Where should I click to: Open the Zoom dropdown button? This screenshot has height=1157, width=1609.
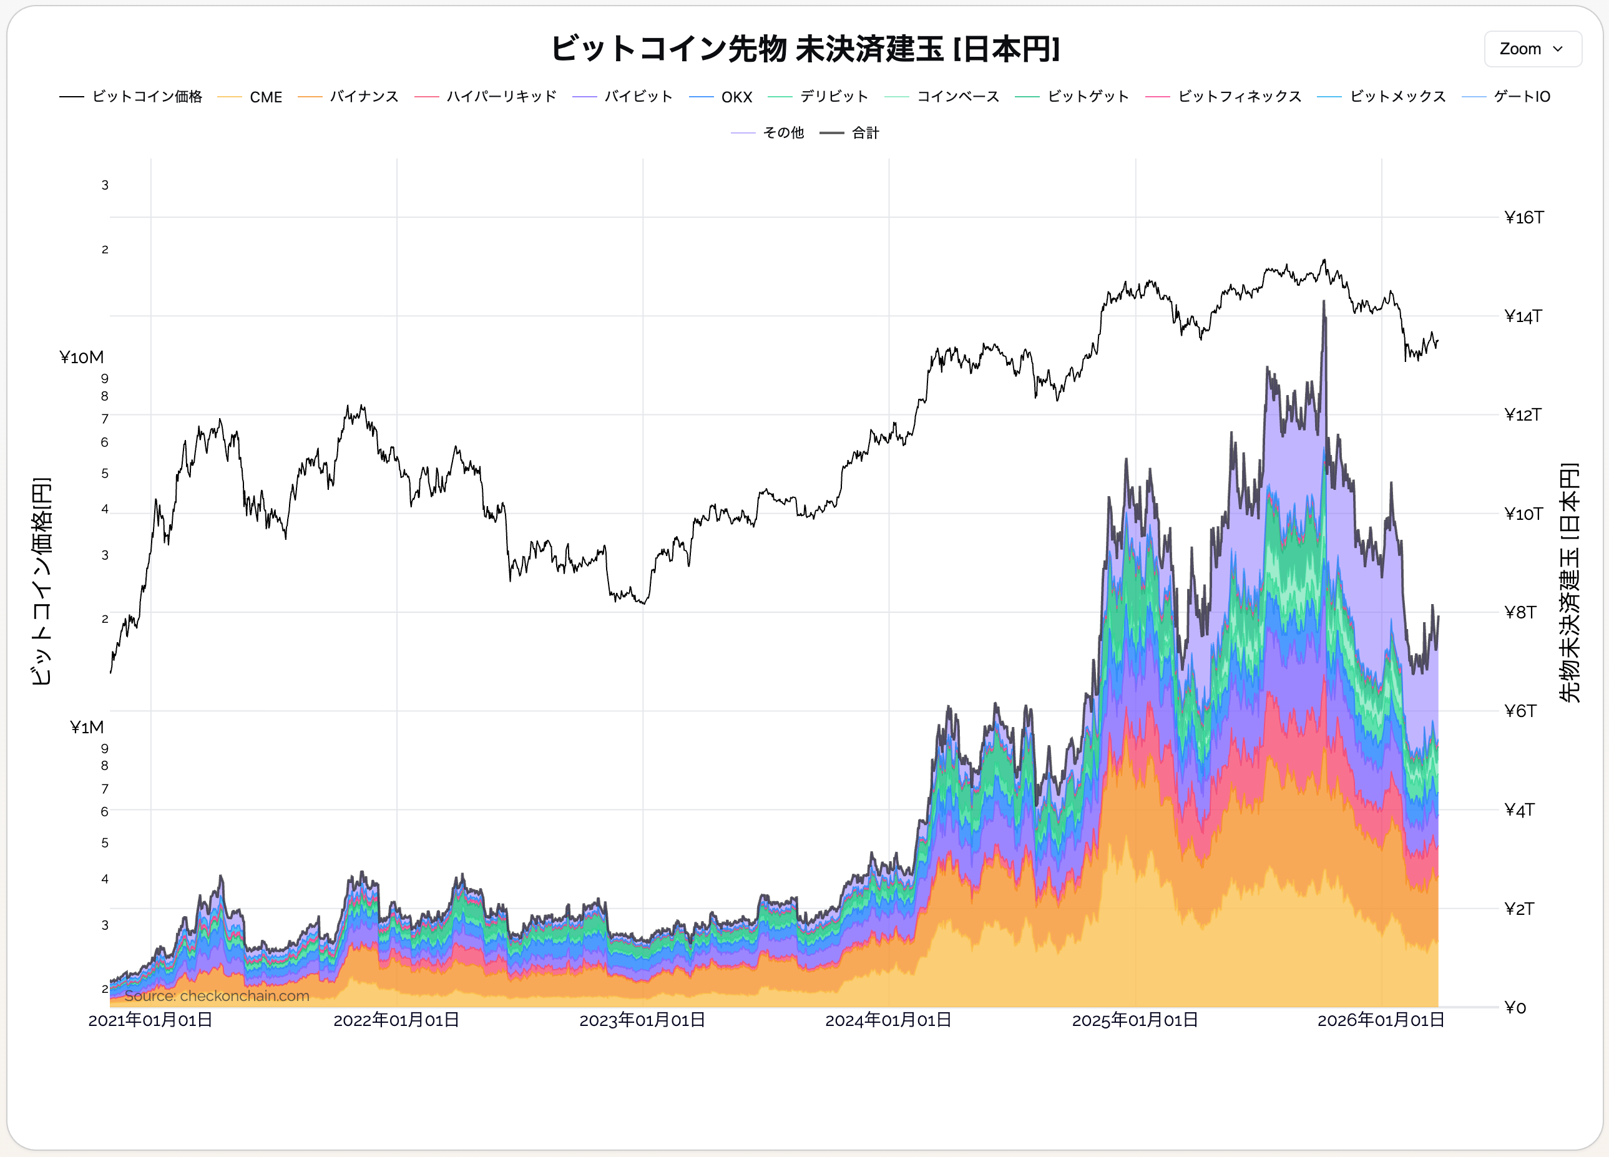[1532, 49]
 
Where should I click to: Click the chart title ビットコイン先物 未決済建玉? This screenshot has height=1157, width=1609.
[804, 49]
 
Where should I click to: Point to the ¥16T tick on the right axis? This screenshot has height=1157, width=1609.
[1523, 218]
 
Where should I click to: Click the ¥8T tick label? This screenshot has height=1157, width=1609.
[1520, 612]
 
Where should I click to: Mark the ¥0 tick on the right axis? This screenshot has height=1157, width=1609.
[1515, 1007]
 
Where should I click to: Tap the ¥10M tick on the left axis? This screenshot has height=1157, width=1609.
[82, 357]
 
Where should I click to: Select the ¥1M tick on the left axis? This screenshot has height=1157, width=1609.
[87, 727]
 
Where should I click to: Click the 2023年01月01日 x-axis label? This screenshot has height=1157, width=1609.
[642, 1020]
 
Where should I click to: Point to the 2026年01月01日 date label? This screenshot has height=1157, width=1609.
[1381, 1020]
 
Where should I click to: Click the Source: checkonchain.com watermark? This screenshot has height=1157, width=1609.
[217, 996]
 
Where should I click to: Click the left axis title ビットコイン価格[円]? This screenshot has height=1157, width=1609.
[41, 581]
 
